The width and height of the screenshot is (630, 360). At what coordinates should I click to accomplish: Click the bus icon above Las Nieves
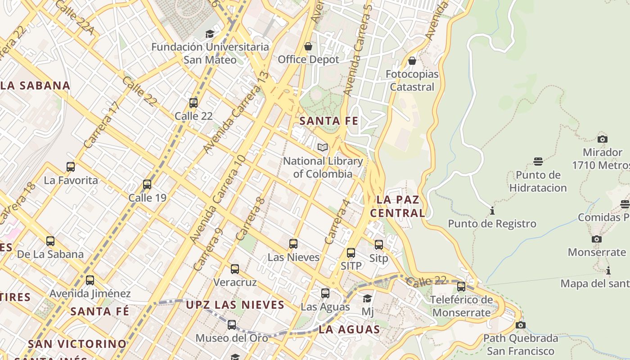pos(293,244)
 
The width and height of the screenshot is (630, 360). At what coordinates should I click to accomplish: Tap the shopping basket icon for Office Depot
pos(308,46)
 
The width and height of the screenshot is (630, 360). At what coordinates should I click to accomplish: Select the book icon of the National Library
pos(322,147)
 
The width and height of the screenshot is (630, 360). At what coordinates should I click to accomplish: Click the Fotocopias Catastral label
pos(412,81)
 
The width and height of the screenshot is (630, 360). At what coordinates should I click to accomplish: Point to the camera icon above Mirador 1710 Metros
pos(602,139)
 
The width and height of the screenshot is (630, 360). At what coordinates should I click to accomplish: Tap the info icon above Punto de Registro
pos(492,211)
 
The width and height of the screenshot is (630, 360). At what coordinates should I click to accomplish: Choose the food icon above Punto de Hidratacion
pos(538,162)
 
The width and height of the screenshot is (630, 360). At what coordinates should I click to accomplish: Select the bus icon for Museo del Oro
pos(232,324)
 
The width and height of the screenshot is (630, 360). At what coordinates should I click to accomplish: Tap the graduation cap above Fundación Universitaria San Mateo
pos(210,34)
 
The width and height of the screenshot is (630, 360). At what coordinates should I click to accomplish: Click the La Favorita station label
pos(71,180)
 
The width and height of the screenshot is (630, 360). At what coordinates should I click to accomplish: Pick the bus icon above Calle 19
pos(147,184)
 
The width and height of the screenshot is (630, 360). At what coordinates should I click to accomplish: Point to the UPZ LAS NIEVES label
pos(235,305)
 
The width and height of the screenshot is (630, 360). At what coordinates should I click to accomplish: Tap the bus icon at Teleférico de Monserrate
pos(461,286)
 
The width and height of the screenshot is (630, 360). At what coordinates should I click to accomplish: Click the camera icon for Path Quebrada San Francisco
pos(520,325)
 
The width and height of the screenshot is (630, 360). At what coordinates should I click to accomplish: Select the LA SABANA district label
pos(35,85)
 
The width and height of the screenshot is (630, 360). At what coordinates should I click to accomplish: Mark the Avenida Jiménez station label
pos(90,294)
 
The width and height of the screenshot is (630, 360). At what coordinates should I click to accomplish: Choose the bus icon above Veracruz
pos(235,269)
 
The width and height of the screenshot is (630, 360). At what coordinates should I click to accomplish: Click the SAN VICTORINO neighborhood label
pos(77,344)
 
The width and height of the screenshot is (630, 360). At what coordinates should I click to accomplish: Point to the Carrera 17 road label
pos(103,125)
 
